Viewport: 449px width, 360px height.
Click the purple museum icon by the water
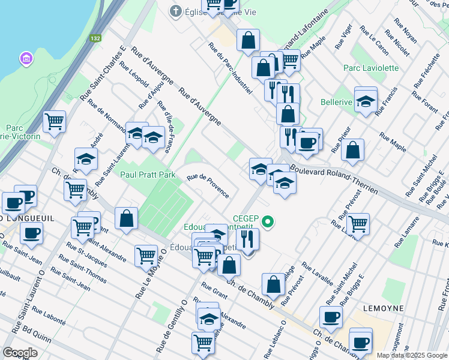pyautogui.click(x=26, y=59)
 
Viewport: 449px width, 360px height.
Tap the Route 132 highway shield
pyautogui.click(x=95, y=38)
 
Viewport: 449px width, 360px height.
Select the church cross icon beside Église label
pyautogui.click(x=176, y=11)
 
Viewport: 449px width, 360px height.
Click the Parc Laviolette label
pyautogui.click(x=370, y=68)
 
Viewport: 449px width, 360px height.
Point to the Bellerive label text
pyautogui.click(x=336, y=102)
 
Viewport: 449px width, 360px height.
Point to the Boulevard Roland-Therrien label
pyautogui.click(x=334, y=179)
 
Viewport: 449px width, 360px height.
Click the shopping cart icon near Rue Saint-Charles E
pyautogui.click(x=55, y=122)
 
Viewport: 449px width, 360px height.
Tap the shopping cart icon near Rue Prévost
pyautogui.click(x=358, y=224)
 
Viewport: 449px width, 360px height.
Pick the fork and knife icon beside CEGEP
pyautogui.click(x=247, y=239)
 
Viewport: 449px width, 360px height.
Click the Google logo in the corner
pyautogui.click(x=20, y=353)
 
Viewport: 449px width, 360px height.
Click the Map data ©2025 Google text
pyautogui.click(x=411, y=355)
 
